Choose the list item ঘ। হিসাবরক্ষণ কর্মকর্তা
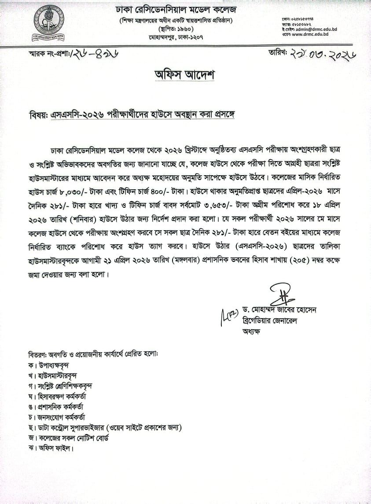coord(58,397)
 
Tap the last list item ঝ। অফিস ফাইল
coord(49,449)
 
